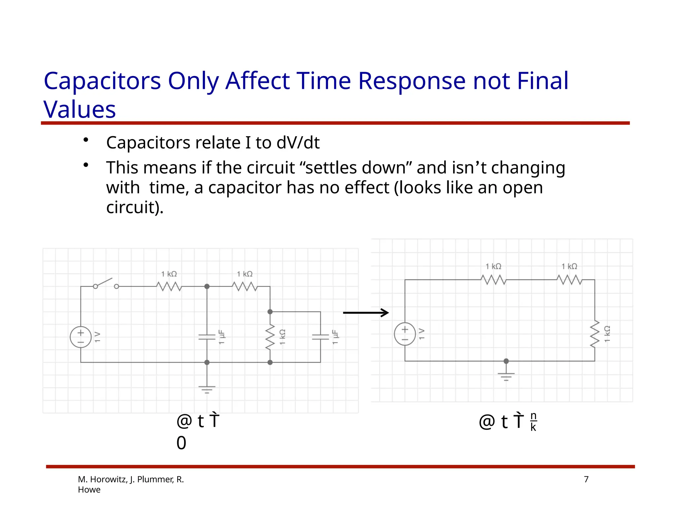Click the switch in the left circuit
106,284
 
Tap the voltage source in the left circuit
81,337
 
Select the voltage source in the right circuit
405,334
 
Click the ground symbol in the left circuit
207,389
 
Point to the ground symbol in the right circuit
506,376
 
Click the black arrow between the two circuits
366,313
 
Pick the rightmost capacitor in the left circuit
320,337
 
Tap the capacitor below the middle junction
207,337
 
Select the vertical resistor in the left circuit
270,337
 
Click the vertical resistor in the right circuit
594,334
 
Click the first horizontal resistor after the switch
169,286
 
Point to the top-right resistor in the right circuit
569,280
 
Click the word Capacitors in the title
102,81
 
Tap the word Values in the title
80,109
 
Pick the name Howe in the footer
89,490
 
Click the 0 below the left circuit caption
181,443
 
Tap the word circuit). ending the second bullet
135,207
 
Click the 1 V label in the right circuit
422,334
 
